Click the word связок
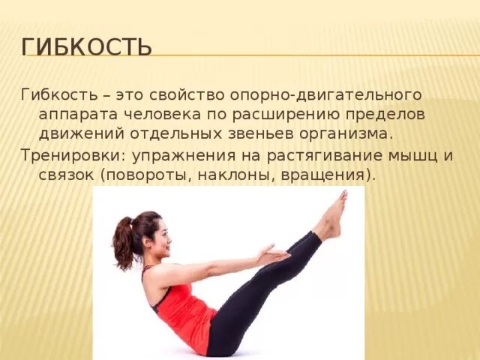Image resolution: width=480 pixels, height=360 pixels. tap(65, 175)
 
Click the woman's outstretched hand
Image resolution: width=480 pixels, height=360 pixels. tap(273, 255)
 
